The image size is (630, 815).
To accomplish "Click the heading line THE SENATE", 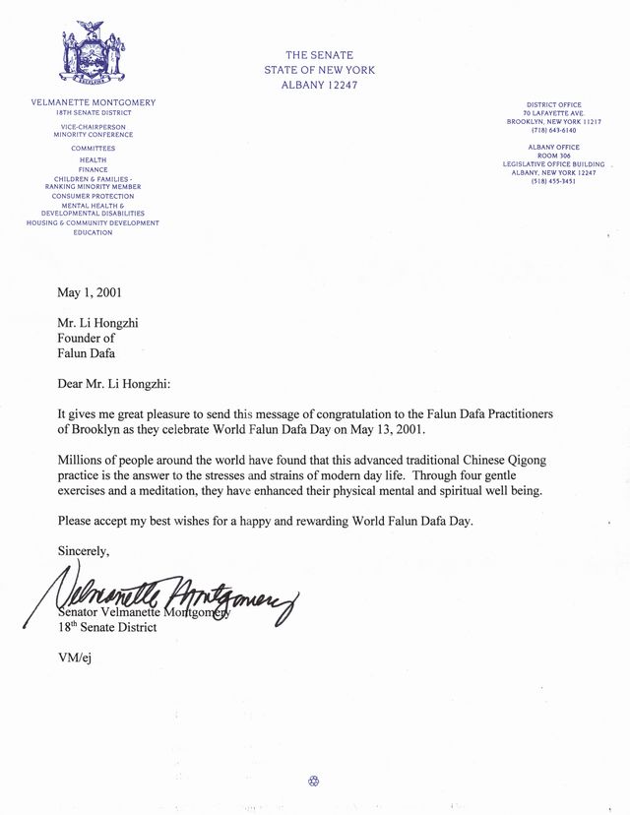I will click(319, 55).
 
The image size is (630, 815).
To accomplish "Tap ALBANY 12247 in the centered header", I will click(319, 86).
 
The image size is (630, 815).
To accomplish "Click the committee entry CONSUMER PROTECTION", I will click(93, 196).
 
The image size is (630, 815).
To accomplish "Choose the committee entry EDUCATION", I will click(93, 232).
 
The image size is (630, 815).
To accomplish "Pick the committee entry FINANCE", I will click(93, 169).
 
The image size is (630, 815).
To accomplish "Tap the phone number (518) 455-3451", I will click(554, 181).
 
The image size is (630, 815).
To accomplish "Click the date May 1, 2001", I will click(91, 292).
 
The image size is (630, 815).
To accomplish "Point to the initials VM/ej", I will click(76, 657).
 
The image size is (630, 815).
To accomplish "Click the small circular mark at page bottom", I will click(314, 782).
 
